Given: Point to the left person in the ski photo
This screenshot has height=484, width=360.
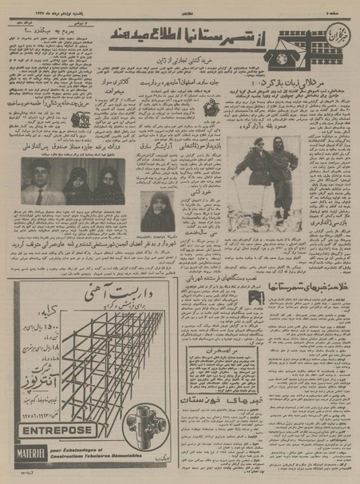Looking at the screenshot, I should tap(247, 177).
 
